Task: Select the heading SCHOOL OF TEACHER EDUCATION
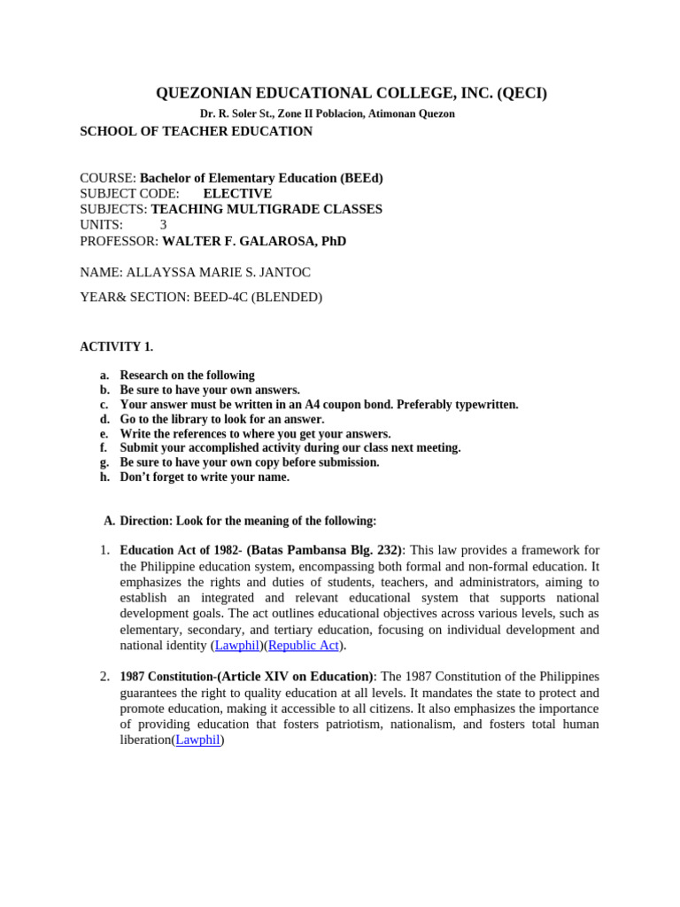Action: (196, 131)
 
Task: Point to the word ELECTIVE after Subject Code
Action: (237, 194)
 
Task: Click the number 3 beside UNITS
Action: (163, 225)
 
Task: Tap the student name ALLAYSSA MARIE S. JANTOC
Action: (219, 273)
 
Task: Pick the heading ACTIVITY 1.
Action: (116, 346)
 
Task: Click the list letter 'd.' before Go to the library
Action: (104, 419)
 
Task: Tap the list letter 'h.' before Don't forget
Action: (104, 477)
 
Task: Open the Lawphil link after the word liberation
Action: (197, 740)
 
